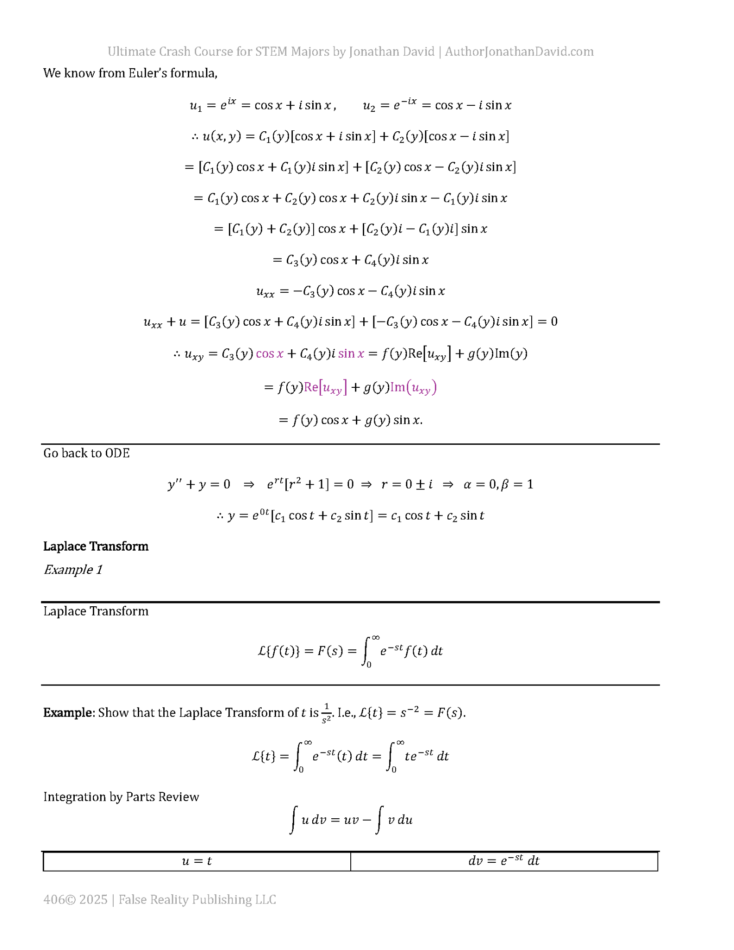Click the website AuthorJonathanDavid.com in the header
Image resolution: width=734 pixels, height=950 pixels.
coord(519,51)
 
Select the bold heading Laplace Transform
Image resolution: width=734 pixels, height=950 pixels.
coord(96,546)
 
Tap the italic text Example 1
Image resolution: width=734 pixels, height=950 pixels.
coord(73,570)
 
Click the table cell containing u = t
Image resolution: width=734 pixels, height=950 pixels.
coord(197,861)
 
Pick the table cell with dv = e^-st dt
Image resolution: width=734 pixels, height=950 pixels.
coord(504,861)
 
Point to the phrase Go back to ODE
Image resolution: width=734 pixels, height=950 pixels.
coord(86,453)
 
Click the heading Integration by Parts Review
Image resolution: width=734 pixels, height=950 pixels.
coord(121,797)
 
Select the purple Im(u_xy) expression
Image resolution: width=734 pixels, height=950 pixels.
coord(413,387)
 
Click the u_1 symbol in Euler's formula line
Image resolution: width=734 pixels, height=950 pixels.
coord(196,106)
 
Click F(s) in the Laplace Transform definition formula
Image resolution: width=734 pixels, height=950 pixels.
coord(330,651)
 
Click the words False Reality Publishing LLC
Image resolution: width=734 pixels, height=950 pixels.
coord(197,899)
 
